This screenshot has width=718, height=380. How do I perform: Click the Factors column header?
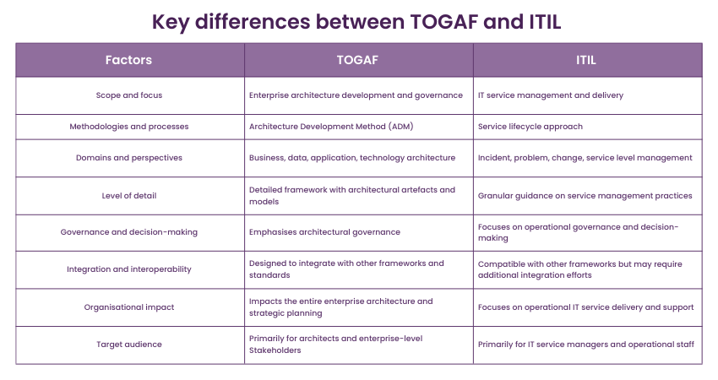coord(129,60)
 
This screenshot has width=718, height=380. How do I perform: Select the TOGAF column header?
coord(358,60)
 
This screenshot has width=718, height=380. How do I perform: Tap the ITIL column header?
coord(587,60)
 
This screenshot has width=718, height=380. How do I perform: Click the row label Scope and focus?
coord(129,95)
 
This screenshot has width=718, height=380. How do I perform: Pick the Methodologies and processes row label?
coord(129,127)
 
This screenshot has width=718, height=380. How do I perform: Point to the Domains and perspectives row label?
coord(129,158)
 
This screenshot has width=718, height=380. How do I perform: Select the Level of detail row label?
coord(129,195)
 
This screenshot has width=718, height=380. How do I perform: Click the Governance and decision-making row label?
coord(129,232)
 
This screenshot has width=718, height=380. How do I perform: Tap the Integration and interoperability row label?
coord(129,269)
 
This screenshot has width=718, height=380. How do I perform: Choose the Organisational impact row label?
coord(129,307)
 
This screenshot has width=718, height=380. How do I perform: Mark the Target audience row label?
coord(129,345)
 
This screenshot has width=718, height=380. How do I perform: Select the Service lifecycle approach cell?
coord(530,127)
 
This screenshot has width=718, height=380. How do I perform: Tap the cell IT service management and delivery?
coord(550,95)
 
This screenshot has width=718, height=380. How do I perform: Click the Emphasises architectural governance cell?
coord(324,232)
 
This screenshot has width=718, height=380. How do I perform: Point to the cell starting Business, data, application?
coord(352,158)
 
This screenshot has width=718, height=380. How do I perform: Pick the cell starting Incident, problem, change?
coord(585,158)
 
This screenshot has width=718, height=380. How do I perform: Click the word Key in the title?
coord(171,21)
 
